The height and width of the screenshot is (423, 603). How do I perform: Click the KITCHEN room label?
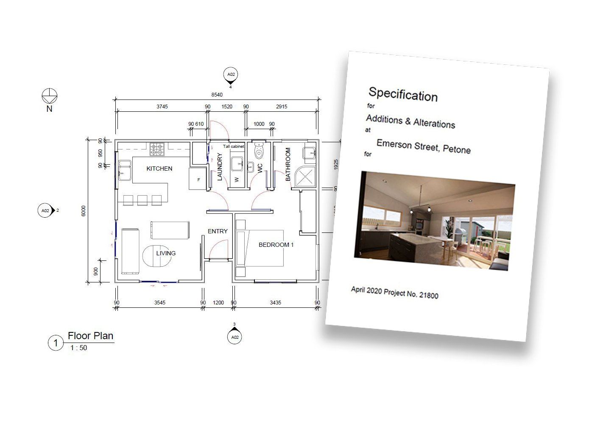[x=159, y=169]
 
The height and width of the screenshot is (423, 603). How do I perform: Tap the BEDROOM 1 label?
[x=276, y=245]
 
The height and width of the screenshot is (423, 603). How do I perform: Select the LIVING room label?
[x=166, y=253]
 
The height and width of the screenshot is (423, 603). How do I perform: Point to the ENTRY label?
[x=218, y=231]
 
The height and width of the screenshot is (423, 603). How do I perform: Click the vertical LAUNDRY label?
[x=220, y=167]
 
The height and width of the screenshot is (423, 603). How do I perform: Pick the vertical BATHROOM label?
[x=288, y=164]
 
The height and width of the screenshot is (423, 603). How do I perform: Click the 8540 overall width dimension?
[x=217, y=95]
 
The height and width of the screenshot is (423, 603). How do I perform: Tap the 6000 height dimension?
[x=84, y=211]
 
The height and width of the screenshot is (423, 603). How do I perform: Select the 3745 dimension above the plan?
[x=162, y=107]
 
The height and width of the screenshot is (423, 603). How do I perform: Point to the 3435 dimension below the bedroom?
[x=276, y=303]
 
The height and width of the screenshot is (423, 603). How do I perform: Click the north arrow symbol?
[x=50, y=96]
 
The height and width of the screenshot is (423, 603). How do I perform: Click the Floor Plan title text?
[x=91, y=336]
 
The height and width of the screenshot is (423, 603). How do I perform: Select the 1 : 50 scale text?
[x=79, y=348]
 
